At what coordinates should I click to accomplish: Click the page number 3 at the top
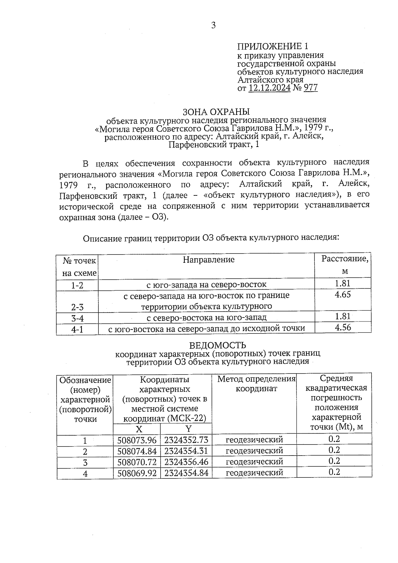[213, 26]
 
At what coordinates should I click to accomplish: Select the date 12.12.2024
[269, 88]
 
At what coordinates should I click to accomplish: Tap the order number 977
[310, 88]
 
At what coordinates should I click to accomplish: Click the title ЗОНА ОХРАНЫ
[216, 112]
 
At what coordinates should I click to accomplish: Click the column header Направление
[209, 259]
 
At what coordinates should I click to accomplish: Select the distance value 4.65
[343, 295]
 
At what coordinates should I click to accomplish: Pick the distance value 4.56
[343, 328]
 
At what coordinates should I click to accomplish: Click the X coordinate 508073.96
[137, 440]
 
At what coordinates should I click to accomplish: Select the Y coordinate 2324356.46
[186, 462]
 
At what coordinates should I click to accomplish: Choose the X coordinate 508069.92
[137, 473]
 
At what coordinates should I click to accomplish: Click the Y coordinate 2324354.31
[186, 451]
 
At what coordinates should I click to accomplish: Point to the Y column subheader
[188, 429]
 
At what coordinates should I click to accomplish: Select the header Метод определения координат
[256, 384]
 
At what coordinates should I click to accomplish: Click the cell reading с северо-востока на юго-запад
[206, 318]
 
